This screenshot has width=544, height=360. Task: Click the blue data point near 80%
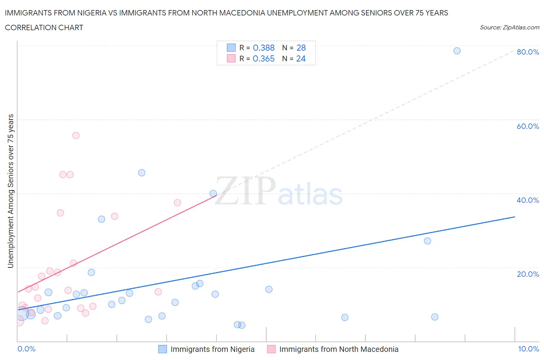(457, 51)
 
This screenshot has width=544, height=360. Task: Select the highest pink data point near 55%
(76, 135)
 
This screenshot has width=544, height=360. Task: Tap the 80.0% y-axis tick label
(528, 52)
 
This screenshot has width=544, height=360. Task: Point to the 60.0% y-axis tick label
(528, 126)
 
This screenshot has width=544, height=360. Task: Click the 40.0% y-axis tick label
(528, 200)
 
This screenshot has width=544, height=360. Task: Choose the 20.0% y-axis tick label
(528, 274)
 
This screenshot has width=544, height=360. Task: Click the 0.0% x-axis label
(26, 349)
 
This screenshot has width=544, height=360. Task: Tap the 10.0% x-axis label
(528, 349)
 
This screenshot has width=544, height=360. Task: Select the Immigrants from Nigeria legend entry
(212, 349)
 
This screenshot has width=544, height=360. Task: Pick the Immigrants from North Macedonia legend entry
(339, 349)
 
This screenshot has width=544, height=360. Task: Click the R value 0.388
(263, 48)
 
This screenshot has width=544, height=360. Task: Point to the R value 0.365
(263, 58)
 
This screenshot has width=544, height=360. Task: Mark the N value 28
(301, 48)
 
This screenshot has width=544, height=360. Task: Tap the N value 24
(301, 58)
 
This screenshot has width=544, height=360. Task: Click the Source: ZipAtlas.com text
(509, 27)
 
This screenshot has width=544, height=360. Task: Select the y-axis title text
(11, 191)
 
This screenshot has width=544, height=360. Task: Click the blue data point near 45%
(142, 173)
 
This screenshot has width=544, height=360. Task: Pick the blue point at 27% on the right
(427, 241)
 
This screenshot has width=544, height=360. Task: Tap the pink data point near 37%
(177, 202)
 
